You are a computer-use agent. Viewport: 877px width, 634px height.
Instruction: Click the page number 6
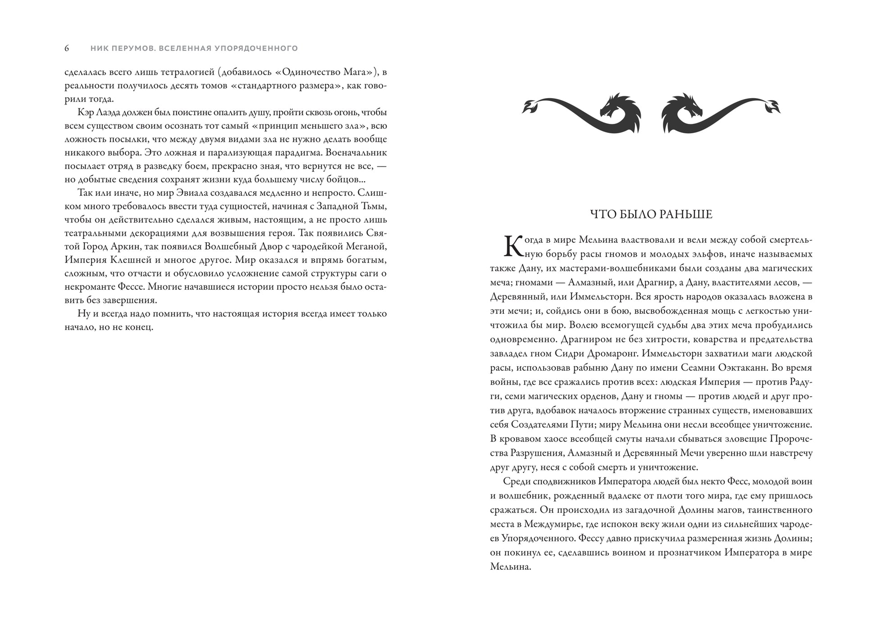[x=67, y=48]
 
